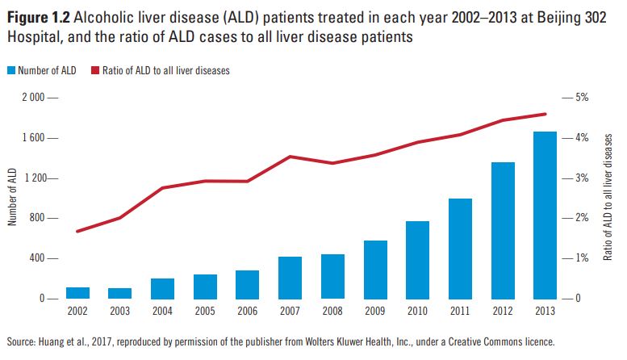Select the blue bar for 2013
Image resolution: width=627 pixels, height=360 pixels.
545,215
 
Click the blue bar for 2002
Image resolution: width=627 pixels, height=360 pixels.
77,292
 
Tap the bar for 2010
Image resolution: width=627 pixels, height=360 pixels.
417,259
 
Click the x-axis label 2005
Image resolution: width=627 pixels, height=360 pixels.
205,310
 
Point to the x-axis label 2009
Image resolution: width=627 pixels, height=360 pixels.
374,310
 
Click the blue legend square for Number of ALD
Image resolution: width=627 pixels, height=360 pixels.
10,70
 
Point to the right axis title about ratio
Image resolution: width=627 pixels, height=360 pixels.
608,198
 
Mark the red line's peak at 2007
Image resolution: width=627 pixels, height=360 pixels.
290,157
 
